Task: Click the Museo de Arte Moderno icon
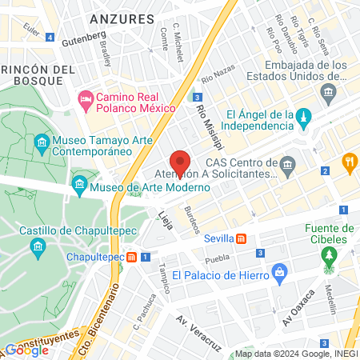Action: click(79, 187)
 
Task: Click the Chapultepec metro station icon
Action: click(144, 257)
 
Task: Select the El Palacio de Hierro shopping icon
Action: click(278, 273)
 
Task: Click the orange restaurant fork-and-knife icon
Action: click(349, 164)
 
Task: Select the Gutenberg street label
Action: click(83, 36)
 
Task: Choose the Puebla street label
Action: click(217, 259)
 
